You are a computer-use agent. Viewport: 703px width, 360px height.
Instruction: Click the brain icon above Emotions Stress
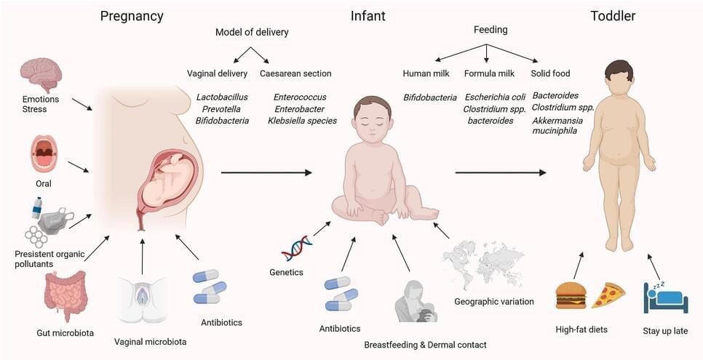point(41,75)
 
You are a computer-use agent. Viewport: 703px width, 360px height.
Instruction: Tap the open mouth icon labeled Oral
point(44,153)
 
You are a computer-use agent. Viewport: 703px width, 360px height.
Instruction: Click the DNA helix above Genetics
point(297,248)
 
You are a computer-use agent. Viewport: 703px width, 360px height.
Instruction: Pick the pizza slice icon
point(608,295)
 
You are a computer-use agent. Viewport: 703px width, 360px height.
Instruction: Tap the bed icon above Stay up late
point(665,297)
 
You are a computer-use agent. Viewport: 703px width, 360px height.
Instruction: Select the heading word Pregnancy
point(132,16)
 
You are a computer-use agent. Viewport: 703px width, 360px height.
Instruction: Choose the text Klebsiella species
point(302,120)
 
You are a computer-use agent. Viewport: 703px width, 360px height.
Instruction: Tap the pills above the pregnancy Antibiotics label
point(210,287)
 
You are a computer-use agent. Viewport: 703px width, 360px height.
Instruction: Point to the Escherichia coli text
point(493,97)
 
